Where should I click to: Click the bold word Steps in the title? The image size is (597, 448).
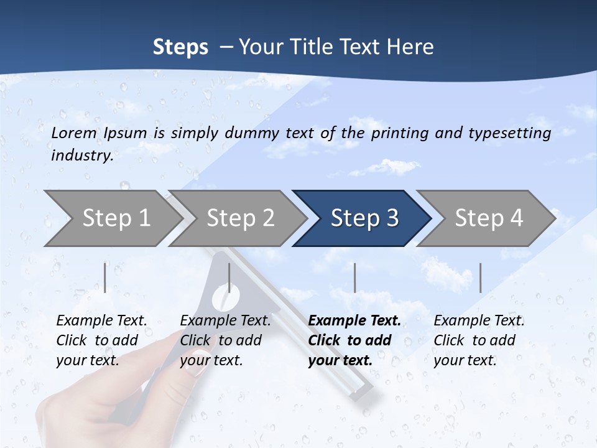180,47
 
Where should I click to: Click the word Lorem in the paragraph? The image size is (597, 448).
73,133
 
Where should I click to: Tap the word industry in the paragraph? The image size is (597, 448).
81,156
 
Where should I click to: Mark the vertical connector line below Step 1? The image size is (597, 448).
105,278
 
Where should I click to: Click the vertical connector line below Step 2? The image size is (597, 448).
229,278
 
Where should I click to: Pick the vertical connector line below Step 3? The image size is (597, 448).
354,278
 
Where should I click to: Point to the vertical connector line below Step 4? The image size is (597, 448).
480,278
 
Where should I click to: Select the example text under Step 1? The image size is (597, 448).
101,340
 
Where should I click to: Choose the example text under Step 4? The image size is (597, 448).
478,340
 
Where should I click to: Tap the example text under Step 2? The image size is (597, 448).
224,340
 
